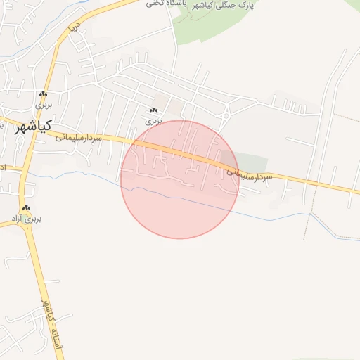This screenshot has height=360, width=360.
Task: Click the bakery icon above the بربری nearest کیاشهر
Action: pos(44,94)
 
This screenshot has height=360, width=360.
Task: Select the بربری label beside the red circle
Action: pos(153,121)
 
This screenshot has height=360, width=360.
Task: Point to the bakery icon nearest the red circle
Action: pos(153,110)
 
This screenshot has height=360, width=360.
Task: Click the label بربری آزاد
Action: pos(28,219)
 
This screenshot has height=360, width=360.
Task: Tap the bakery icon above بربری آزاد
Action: pos(27,208)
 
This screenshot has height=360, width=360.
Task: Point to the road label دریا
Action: pos(73,28)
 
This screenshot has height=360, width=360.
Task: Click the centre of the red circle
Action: pos(179,179)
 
